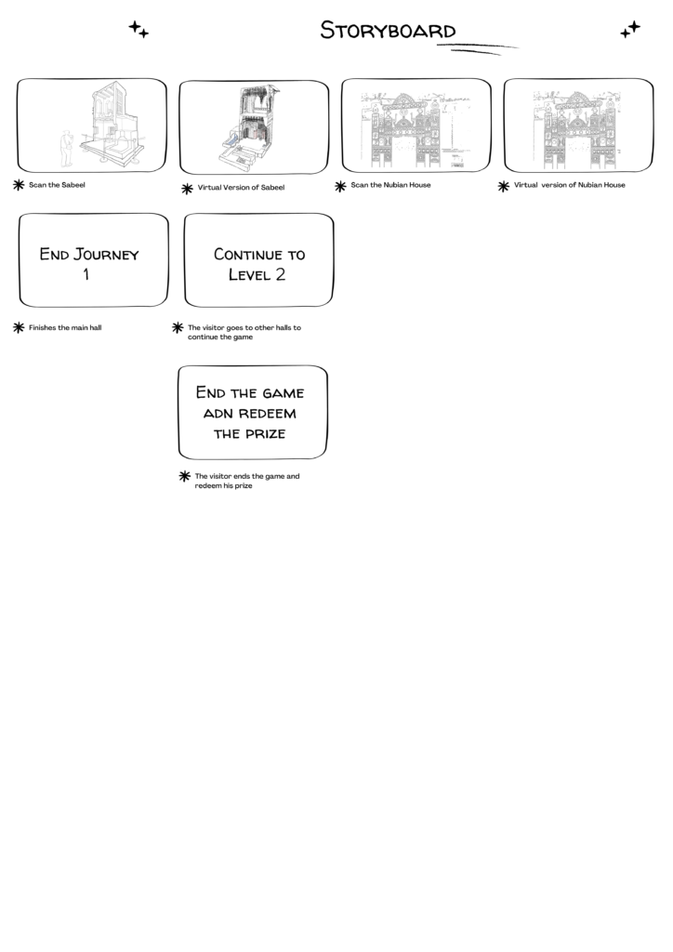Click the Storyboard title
tap(388, 31)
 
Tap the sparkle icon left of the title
tap(139, 29)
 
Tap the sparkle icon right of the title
tap(630, 29)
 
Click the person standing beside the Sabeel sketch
tap(66, 149)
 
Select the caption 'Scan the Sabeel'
tap(57, 185)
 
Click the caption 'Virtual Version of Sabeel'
tap(241, 188)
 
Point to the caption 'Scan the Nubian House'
tap(390, 185)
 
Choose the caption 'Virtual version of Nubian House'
tap(569, 185)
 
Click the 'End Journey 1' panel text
tap(89, 263)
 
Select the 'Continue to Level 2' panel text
tap(259, 264)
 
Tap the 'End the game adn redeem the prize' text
tap(249, 413)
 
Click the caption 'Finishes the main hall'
tap(65, 328)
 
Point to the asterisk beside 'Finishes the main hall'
tap(19, 328)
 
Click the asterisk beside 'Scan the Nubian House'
tap(340, 186)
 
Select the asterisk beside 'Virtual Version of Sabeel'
tap(188, 189)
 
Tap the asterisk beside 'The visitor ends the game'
tap(185, 477)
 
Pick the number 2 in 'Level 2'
tap(280, 274)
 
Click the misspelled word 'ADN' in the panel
tap(217, 414)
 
